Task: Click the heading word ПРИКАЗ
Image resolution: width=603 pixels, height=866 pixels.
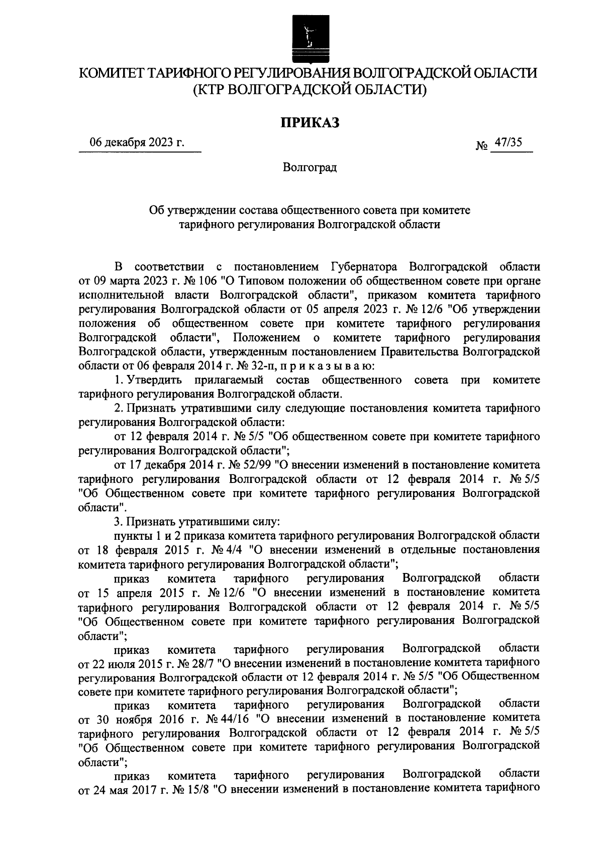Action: [x=310, y=122]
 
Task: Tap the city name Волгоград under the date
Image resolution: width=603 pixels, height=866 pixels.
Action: [x=310, y=167]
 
